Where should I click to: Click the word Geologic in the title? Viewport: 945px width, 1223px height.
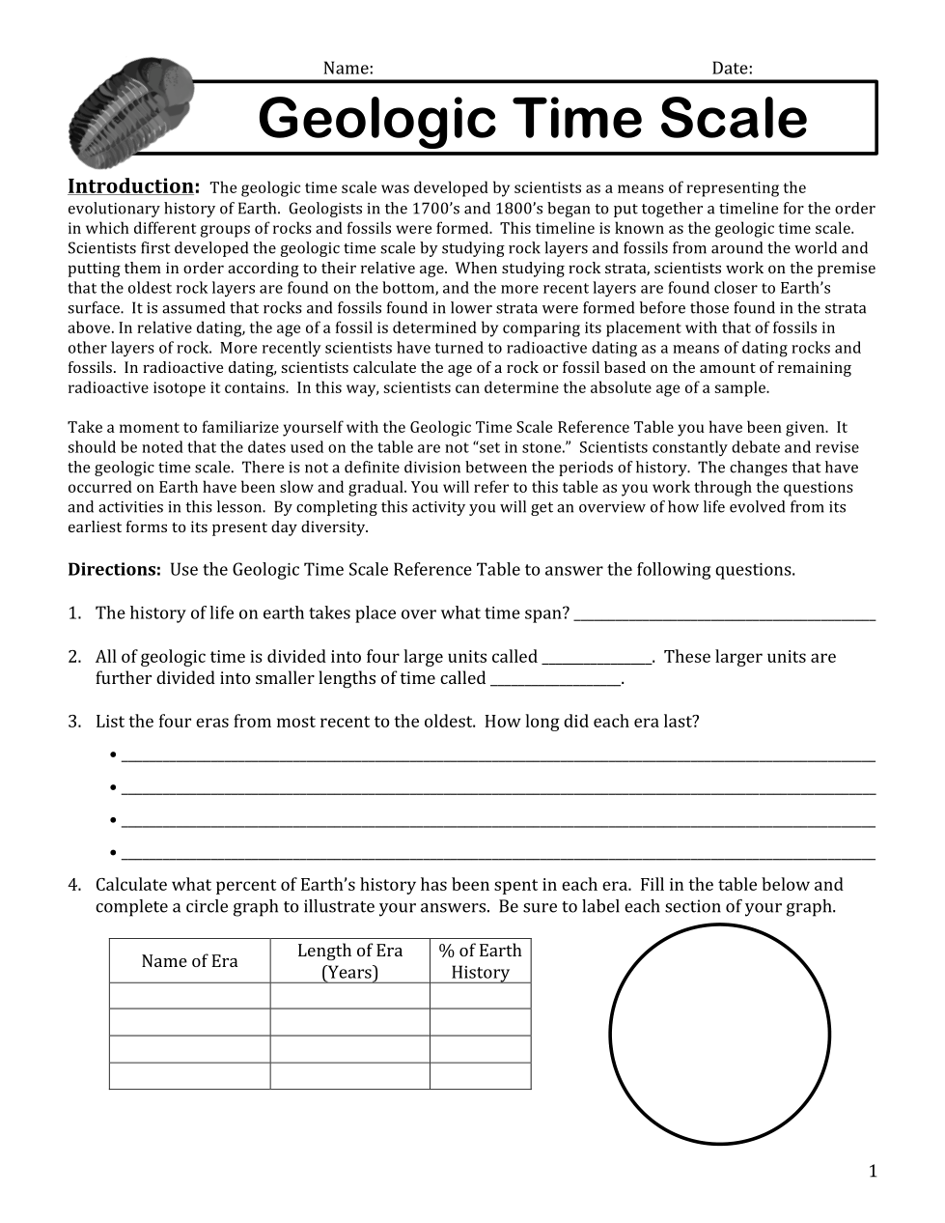pos(376,119)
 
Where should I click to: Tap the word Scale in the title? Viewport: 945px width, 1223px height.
pos(733,119)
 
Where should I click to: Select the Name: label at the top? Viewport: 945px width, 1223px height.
pos(347,68)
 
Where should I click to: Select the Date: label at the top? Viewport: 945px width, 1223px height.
pos(732,68)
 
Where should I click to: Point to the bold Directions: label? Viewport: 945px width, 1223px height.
pos(114,569)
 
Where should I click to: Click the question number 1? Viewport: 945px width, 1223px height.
pos(74,613)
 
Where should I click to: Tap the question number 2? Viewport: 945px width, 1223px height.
pos(74,657)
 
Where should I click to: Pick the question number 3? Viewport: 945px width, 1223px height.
pos(74,722)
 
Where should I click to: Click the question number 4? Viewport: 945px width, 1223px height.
pos(74,885)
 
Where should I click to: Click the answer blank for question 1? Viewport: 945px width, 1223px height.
pos(724,615)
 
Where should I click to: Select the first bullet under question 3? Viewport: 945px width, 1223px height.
pos(114,754)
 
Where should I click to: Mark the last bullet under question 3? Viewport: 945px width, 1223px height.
pos(114,853)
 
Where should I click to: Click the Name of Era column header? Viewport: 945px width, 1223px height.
pos(189,961)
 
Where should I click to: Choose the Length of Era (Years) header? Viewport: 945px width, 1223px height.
pos(349,961)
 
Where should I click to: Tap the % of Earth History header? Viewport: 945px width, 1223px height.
pos(480,961)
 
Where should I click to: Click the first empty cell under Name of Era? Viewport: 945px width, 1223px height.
pos(189,996)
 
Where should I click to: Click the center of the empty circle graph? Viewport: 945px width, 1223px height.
pos(720,1035)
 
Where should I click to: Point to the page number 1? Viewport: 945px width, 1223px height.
pos(873,1172)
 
